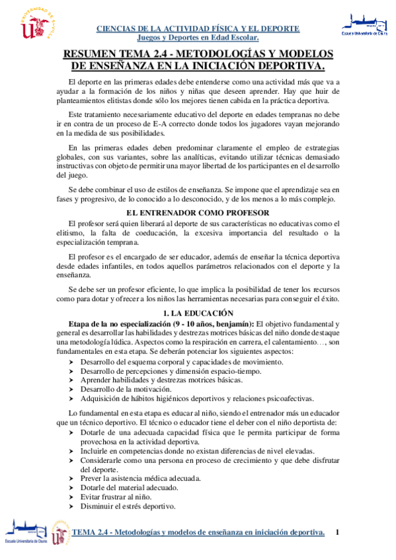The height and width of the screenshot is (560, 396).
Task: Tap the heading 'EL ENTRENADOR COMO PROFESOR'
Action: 198,213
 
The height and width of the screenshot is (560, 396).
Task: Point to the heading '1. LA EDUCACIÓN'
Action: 198,312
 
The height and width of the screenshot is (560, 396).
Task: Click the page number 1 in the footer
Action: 338,532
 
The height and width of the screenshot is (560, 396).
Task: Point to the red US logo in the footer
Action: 60,534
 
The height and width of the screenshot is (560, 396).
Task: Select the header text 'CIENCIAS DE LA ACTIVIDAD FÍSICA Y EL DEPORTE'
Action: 198,28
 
